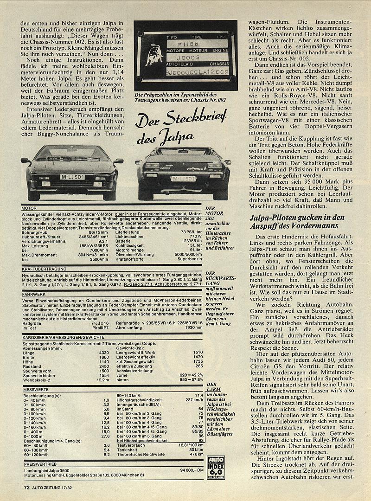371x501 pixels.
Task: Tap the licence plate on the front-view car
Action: (71, 177)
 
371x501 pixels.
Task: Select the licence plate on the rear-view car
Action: (183, 179)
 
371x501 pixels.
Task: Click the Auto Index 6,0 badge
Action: (216, 464)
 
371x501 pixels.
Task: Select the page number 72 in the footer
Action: (27, 488)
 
